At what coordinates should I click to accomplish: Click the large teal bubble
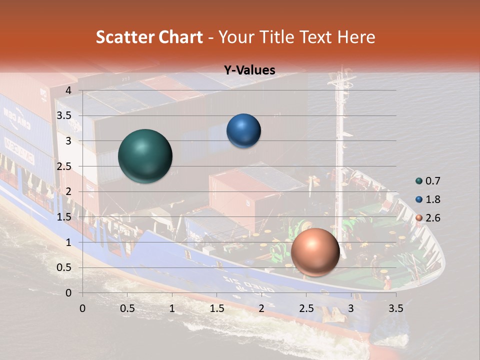point(145,156)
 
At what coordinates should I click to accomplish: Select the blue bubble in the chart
point(243,131)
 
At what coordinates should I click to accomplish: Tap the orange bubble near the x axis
point(315,252)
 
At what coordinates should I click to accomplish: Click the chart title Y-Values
point(249,70)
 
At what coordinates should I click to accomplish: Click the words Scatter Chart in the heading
point(149,37)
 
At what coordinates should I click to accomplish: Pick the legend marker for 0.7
point(419,181)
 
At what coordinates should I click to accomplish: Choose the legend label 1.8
point(433,199)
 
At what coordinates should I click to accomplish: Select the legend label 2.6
point(433,218)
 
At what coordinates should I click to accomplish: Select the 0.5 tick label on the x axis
point(127,308)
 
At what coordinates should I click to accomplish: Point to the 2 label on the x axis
point(261,308)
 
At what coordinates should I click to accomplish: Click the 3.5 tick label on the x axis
point(395,308)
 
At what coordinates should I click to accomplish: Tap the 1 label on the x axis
point(172,308)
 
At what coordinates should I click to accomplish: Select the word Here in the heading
point(356,37)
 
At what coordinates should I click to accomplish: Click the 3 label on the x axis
point(351,308)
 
